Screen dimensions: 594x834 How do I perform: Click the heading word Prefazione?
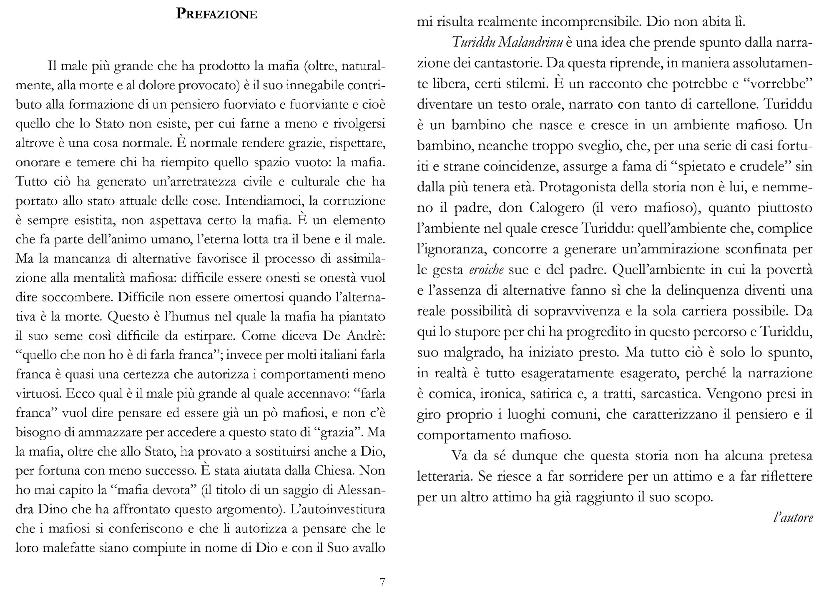pos(216,14)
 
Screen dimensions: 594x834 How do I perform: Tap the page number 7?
pos(382,582)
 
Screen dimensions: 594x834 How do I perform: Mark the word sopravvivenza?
pos(577,311)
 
